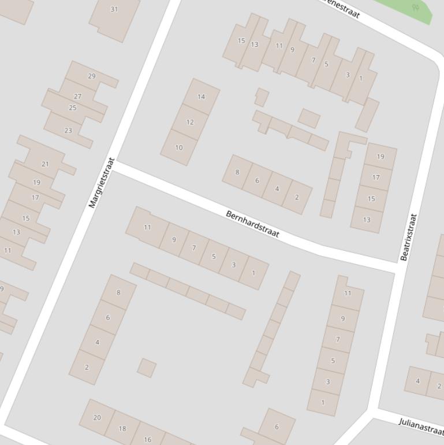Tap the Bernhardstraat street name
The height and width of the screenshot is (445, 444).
pyautogui.click(x=252, y=224)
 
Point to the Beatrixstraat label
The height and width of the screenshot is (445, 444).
pyautogui.click(x=408, y=237)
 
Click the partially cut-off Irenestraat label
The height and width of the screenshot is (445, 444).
pyautogui.click(x=342, y=9)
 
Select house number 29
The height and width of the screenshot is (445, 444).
pyautogui.click(x=92, y=76)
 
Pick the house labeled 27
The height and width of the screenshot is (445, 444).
pyautogui.click(x=77, y=97)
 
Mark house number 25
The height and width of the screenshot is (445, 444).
pyautogui.click(x=73, y=107)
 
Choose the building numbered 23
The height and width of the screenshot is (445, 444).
pyautogui.click(x=68, y=130)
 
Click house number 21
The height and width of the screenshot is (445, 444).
pyautogui.click(x=46, y=164)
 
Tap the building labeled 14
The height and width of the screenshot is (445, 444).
pyautogui.click(x=201, y=97)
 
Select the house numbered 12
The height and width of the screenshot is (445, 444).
pyautogui.click(x=190, y=122)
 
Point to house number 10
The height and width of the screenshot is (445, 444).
pyautogui.click(x=178, y=147)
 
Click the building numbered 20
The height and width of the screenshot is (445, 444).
pyautogui.click(x=97, y=417)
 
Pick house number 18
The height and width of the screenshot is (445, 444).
pyautogui.click(x=122, y=428)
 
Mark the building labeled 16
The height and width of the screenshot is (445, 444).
pyautogui.click(x=147, y=439)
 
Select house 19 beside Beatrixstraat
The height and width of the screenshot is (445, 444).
pyautogui.click(x=380, y=156)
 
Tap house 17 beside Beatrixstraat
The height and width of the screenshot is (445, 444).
pyautogui.click(x=376, y=177)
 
